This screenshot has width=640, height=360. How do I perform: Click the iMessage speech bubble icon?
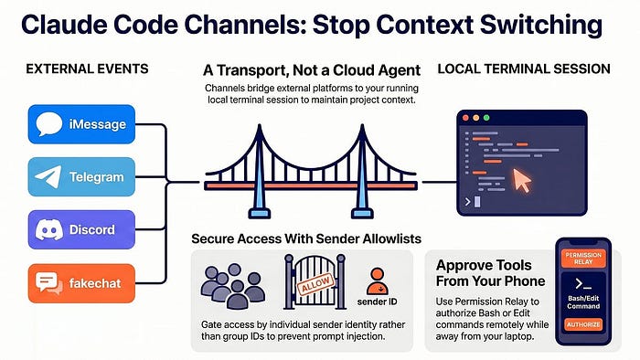click(x=49, y=123)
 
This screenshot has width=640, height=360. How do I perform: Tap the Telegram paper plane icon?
click(x=48, y=176)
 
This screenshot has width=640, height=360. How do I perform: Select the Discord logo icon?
click(x=49, y=229)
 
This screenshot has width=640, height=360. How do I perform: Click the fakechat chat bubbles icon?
click(x=49, y=283)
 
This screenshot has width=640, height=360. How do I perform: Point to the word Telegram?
click(x=96, y=177)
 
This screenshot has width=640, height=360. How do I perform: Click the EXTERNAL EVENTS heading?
click(x=87, y=69)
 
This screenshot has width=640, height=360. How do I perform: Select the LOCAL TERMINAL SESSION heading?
click(x=524, y=69)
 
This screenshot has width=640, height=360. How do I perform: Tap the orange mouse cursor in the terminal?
click(x=522, y=180)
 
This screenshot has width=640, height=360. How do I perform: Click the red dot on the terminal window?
click(x=465, y=118)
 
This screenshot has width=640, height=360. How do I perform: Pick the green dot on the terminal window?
click(x=486, y=118)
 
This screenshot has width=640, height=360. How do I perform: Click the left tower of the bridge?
click(x=259, y=171)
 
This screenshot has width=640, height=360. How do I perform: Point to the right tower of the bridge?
click(x=362, y=171)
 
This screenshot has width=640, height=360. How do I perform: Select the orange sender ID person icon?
click(x=377, y=281)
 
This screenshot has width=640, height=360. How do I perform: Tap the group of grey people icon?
click(x=233, y=286)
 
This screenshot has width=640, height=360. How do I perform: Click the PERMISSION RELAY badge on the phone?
click(x=583, y=258)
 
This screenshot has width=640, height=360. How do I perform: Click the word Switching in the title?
click(x=541, y=26)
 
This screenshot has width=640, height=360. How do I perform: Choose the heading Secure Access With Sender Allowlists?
click(x=306, y=238)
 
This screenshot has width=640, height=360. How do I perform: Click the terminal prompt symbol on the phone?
click(x=583, y=283)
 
